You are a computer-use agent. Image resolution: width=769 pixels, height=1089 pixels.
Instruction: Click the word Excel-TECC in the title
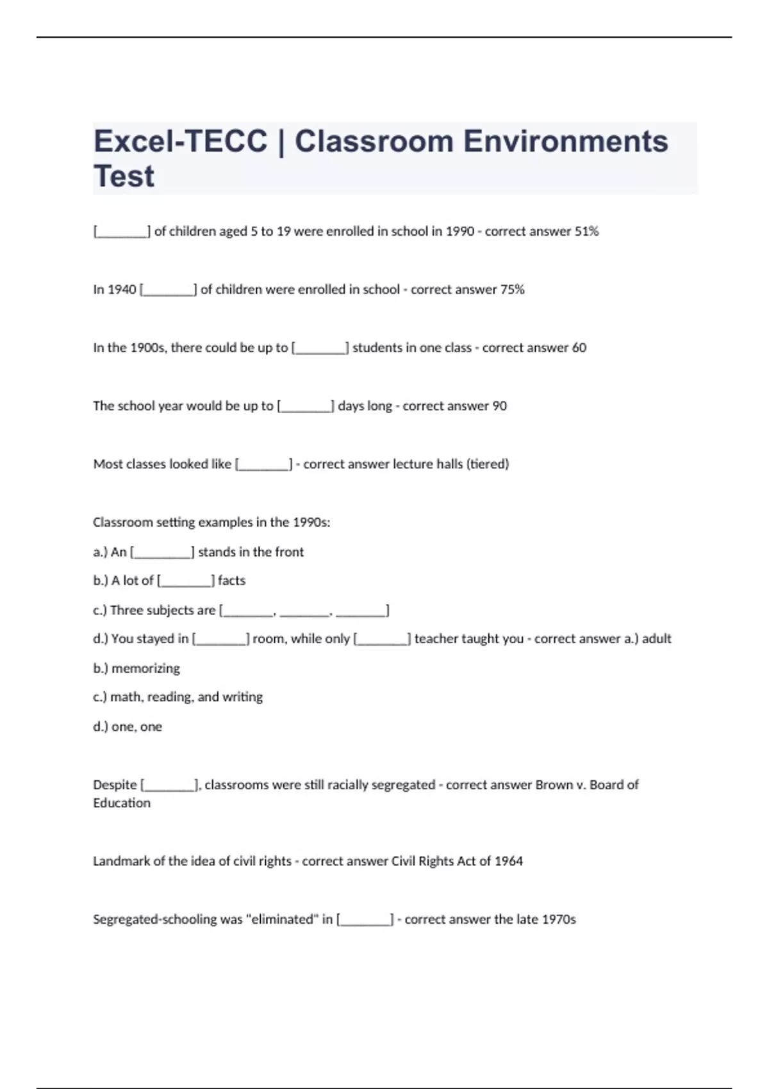(180, 142)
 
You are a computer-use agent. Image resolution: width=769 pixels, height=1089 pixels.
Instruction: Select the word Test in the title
(124, 177)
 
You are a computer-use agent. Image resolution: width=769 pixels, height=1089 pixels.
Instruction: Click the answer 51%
(586, 231)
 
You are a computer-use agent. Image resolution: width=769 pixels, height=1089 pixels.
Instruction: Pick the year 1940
(122, 290)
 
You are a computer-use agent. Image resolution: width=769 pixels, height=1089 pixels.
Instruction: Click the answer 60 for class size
(579, 348)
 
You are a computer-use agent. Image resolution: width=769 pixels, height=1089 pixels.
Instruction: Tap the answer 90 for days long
(499, 406)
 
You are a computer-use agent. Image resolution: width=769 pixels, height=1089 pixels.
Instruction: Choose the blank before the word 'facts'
(186, 581)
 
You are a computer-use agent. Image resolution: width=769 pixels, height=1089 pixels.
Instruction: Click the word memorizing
(145, 669)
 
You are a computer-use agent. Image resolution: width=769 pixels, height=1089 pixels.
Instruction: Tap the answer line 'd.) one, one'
(128, 727)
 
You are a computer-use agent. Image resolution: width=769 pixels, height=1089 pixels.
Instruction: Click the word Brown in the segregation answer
(554, 785)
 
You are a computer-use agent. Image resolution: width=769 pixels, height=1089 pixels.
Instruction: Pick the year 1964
(509, 861)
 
